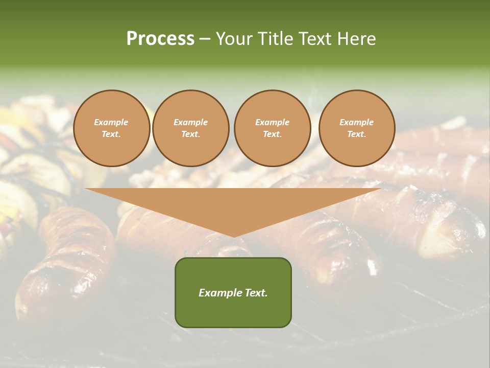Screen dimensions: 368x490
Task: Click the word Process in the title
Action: (160, 39)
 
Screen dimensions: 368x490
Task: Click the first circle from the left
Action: (111, 128)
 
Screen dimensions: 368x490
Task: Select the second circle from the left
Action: (190, 128)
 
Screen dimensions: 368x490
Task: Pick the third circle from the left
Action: (272, 128)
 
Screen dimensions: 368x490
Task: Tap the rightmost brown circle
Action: (356, 128)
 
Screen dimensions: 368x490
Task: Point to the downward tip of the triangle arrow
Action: (233, 236)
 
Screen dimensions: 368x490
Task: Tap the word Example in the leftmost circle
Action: (111, 122)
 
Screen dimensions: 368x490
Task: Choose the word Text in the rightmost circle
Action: (356, 134)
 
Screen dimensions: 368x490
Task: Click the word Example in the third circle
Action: (272, 122)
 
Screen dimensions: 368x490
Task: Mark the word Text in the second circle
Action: (190, 134)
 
